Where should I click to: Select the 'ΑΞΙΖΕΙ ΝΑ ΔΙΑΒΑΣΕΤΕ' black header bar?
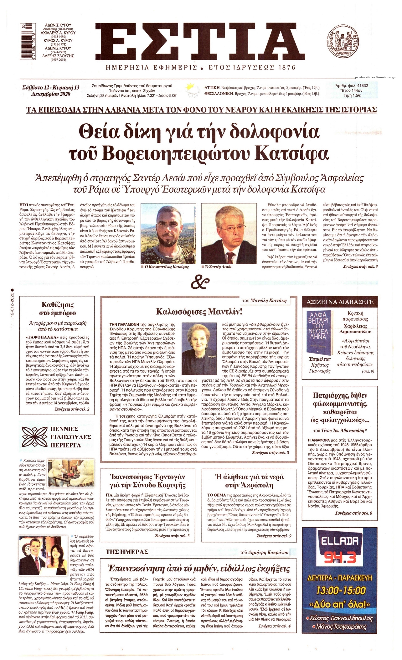coord(342,302)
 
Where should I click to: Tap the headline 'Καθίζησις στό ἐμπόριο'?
coord(59,309)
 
